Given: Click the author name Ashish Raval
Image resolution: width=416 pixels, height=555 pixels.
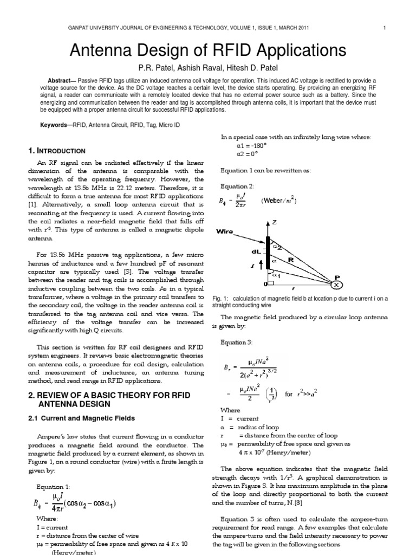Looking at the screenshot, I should [x=205, y=69].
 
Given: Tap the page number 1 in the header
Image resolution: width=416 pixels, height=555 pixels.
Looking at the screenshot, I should [x=383, y=28].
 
